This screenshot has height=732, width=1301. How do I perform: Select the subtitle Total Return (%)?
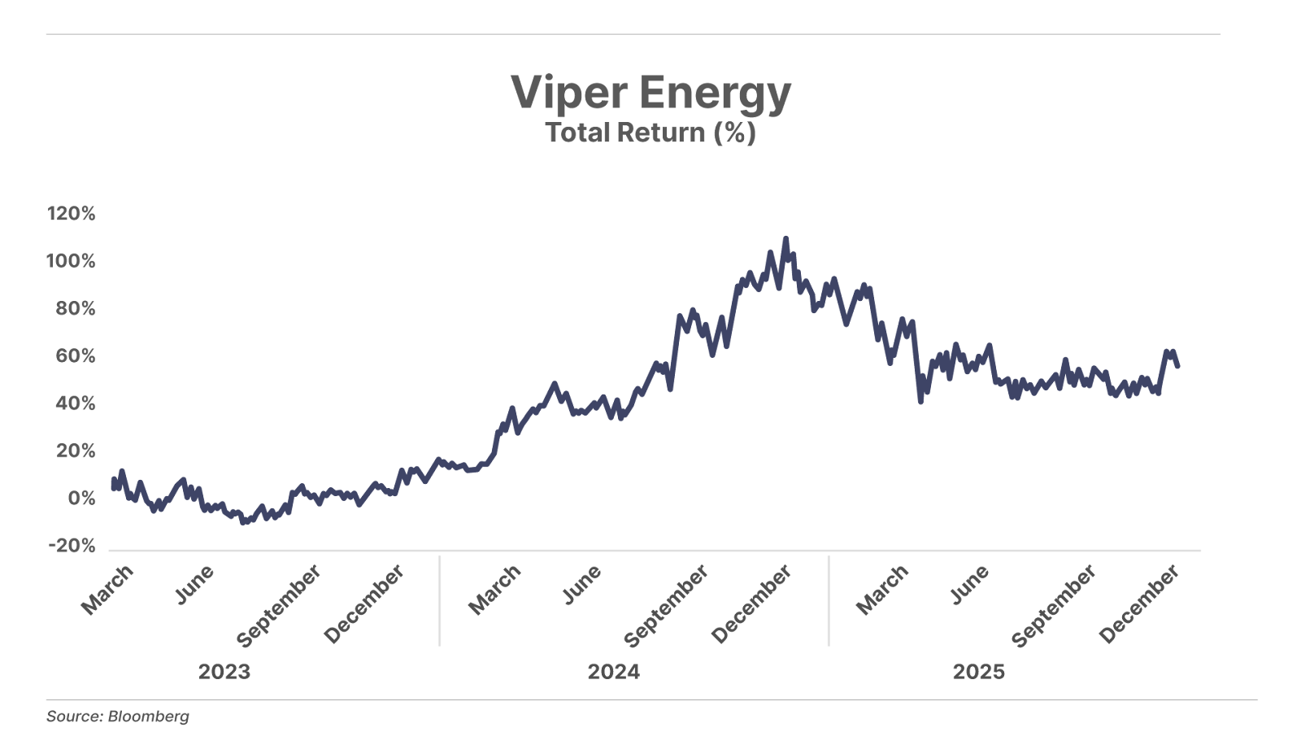click(x=650, y=133)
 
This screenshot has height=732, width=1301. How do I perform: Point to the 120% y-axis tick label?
click(x=72, y=214)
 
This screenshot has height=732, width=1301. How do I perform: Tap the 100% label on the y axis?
click(x=71, y=261)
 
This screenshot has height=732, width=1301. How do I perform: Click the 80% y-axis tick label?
click(x=75, y=309)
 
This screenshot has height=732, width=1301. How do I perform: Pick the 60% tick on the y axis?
click(x=75, y=356)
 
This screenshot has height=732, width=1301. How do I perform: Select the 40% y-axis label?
click(x=75, y=403)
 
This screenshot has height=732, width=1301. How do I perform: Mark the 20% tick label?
click(x=75, y=451)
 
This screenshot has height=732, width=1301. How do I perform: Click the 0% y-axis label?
click(x=80, y=499)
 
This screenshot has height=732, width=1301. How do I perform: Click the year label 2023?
click(x=224, y=672)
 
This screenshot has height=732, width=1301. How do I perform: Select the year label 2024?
click(x=613, y=672)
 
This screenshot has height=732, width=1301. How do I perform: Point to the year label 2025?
click(x=978, y=672)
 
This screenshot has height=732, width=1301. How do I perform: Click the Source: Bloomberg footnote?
click(x=118, y=717)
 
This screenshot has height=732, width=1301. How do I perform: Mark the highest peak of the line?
click(x=785, y=238)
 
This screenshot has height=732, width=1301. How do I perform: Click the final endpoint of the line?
click(x=1178, y=367)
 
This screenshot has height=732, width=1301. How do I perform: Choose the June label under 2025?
click(x=971, y=585)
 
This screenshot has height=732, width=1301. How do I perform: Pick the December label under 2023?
click(x=364, y=603)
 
